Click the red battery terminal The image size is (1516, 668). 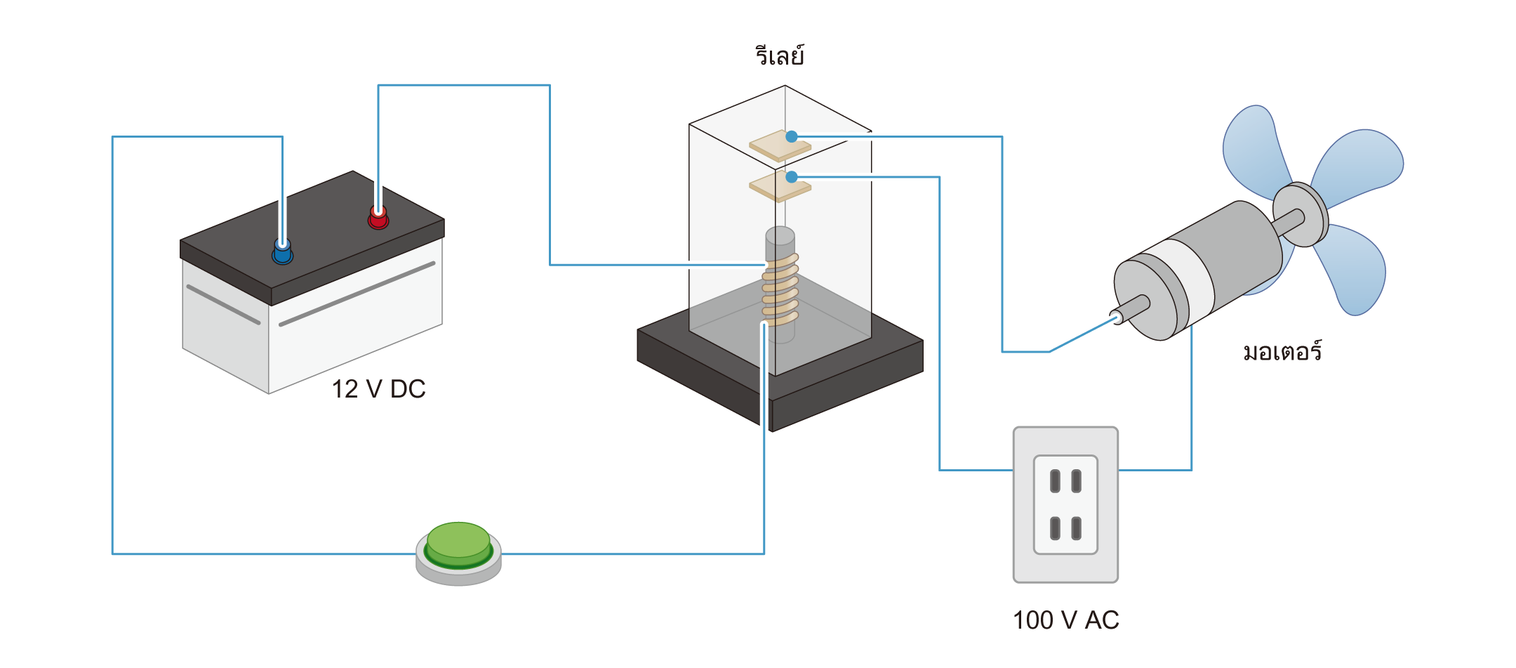(378, 218)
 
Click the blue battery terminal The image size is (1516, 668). (282, 251)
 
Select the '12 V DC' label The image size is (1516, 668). (378, 389)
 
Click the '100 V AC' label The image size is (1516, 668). (1065, 620)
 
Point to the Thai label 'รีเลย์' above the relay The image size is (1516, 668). (780, 55)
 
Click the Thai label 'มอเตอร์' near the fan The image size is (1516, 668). (1282, 351)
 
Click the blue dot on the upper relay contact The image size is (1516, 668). (792, 136)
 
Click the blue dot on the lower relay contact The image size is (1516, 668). (792, 176)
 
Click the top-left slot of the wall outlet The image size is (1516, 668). (1054, 481)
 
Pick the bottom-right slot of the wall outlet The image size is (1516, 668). (1077, 528)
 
